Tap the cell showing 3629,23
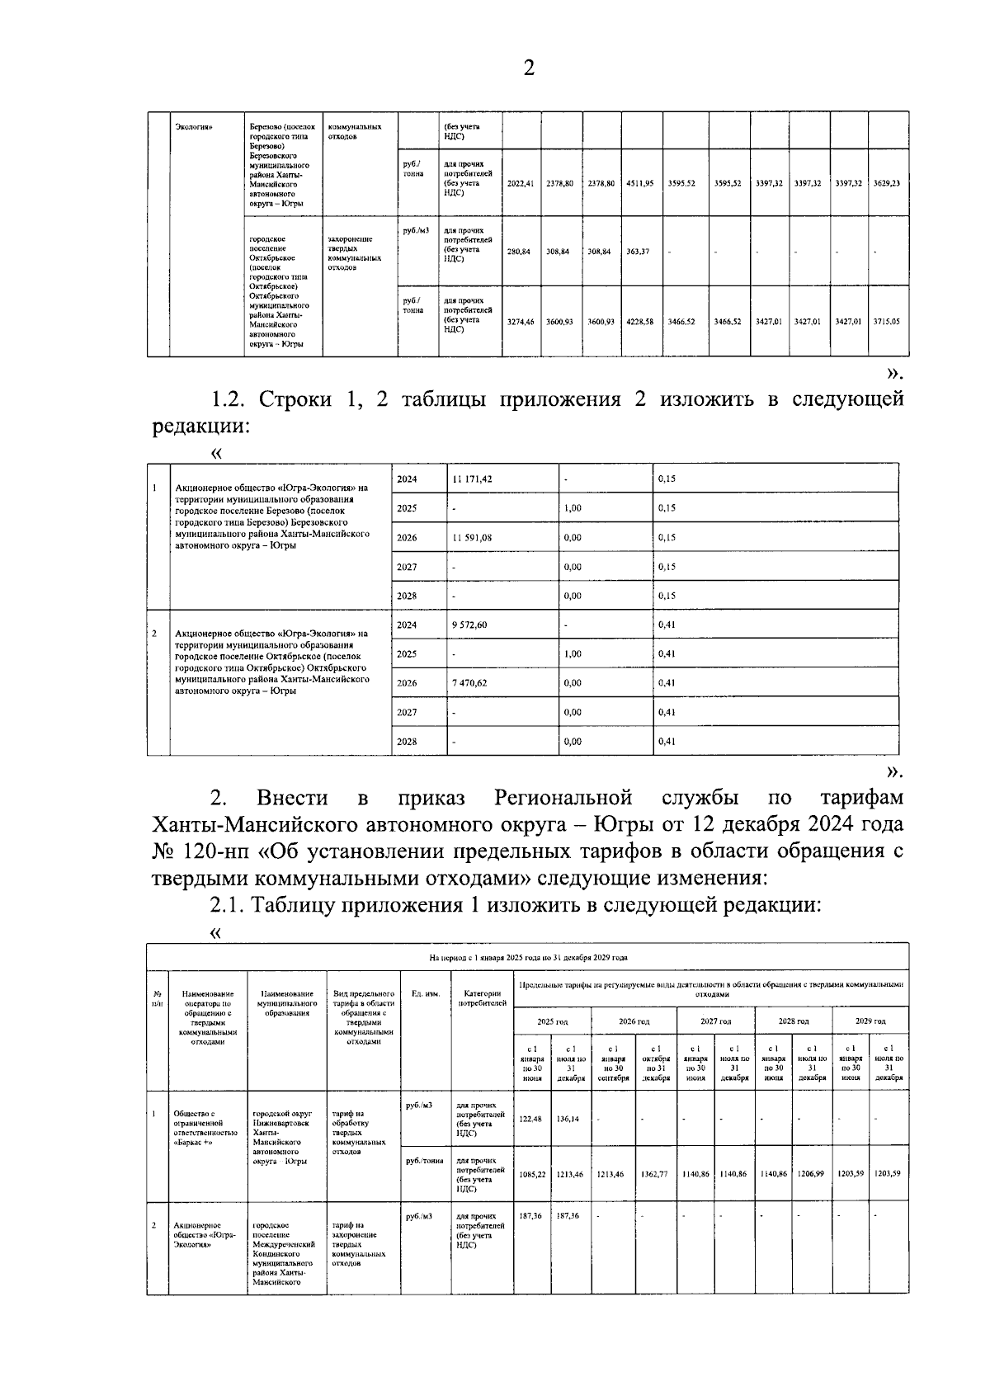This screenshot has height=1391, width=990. [886, 183]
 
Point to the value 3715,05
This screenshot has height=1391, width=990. [886, 322]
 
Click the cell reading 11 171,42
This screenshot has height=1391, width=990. [472, 479]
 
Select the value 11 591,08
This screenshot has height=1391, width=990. [472, 538]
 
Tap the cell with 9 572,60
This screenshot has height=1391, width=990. [469, 625]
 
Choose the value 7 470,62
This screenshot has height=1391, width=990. [469, 683]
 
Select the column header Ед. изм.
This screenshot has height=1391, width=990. [426, 994]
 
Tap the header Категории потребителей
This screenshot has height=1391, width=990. [483, 998]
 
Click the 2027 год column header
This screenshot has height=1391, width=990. [715, 1021]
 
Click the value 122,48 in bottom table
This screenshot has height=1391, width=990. [531, 1120]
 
